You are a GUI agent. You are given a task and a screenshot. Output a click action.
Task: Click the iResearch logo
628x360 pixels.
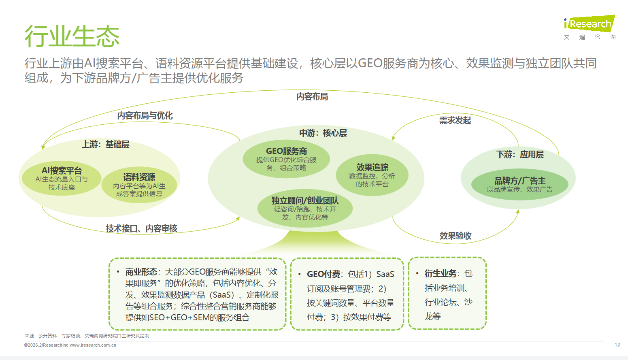pyautogui.click(x=590, y=28)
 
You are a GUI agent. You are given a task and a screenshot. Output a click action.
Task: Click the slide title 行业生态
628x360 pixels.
pyautogui.click(x=72, y=36)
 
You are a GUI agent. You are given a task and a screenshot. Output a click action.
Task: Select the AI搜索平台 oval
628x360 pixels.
pyautogui.click(x=62, y=178)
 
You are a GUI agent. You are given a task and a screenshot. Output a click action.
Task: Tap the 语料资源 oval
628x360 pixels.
pyautogui.click(x=139, y=185)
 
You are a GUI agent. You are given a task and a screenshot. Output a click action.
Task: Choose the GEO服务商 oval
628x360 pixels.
pyautogui.click(x=286, y=159)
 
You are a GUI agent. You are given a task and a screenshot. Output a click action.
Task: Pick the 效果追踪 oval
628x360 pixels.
pyautogui.click(x=372, y=175)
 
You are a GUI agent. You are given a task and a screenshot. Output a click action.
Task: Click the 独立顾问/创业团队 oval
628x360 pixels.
pyautogui.click(x=305, y=208)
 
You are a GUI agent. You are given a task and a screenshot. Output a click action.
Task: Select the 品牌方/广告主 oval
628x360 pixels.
pyautogui.click(x=520, y=184)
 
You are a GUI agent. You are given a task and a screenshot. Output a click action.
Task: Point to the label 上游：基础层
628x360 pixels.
pyautogui.click(x=106, y=145)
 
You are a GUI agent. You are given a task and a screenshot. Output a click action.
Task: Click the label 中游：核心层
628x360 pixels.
pyautogui.click(x=323, y=133)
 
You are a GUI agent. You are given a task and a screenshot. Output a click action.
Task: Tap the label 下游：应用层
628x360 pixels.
pyautogui.click(x=520, y=154)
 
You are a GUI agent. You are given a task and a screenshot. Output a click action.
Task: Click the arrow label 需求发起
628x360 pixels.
pyautogui.click(x=455, y=121)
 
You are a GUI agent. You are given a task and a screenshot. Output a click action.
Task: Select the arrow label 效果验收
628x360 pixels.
pyautogui.click(x=456, y=236)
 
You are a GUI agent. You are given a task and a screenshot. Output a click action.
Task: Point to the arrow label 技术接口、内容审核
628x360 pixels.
pyautogui.click(x=142, y=228)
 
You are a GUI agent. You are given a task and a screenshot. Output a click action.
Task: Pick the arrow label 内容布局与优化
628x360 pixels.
pyautogui.click(x=145, y=115)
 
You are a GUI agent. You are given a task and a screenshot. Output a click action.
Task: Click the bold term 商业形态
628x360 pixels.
pyautogui.click(x=141, y=272)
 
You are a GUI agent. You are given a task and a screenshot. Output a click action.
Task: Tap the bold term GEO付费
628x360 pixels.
pyautogui.click(x=324, y=274)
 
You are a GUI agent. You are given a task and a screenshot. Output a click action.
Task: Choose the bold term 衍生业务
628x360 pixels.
pyautogui.click(x=441, y=273)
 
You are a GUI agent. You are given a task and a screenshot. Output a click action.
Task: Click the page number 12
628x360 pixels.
pyautogui.click(x=617, y=345)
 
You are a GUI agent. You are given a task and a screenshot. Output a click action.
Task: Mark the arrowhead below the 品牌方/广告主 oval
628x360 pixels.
pyautogui.click(x=518, y=211)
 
